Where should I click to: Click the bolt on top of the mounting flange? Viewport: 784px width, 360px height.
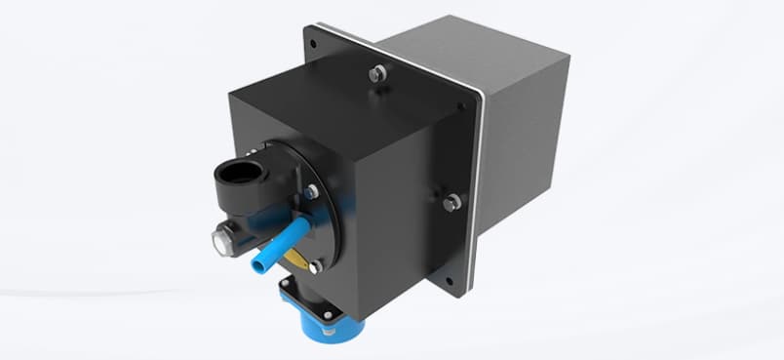[376, 72]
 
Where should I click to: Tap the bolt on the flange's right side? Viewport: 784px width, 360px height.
[451, 202]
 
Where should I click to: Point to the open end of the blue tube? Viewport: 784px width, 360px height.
[259, 263]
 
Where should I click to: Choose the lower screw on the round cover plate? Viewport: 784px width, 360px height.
[314, 265]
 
